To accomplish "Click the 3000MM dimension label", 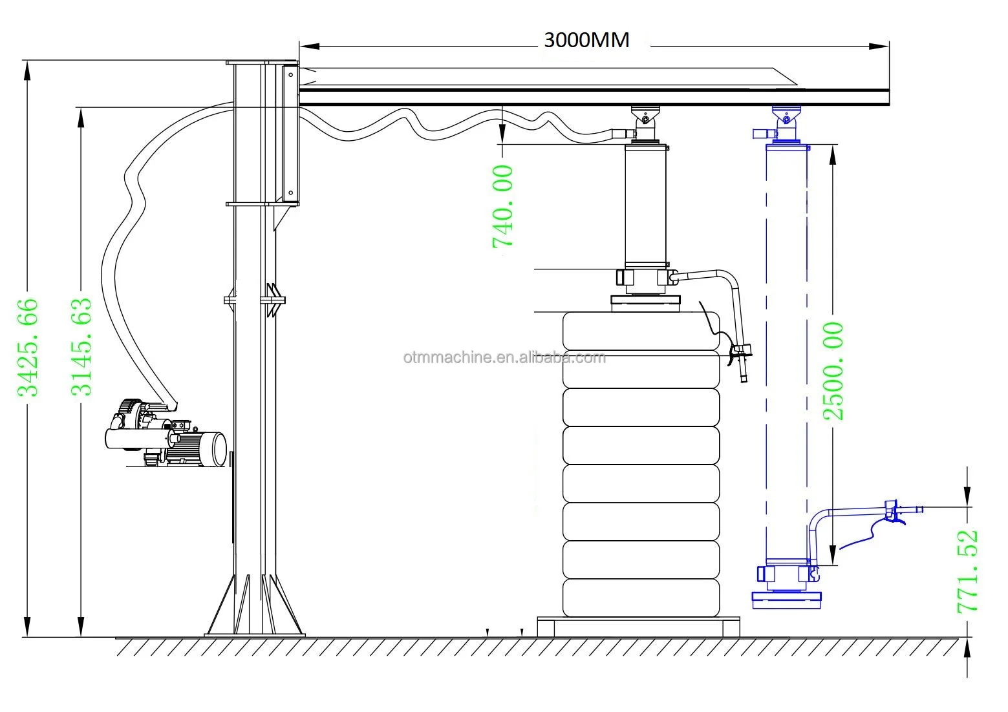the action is click(586, 40).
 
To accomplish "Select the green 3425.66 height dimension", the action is click(28, 348).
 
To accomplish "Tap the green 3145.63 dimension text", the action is click(81, 347).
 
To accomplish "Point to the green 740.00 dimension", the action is click(502, 207).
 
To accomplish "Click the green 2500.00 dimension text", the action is click(833, 371).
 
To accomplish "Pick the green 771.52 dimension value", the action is click(968, 572).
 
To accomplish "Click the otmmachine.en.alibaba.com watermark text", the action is click(504, 357).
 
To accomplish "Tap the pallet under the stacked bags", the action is click(638, 627).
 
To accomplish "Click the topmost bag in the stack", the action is click(641, 331).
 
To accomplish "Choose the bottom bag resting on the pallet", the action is click(641, 598).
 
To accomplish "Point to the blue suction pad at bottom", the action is click(787, 600).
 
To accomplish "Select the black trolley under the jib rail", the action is click(645, 123).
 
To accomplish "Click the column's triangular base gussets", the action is click(255, 605).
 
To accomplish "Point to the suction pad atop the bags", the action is click(645, 303).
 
